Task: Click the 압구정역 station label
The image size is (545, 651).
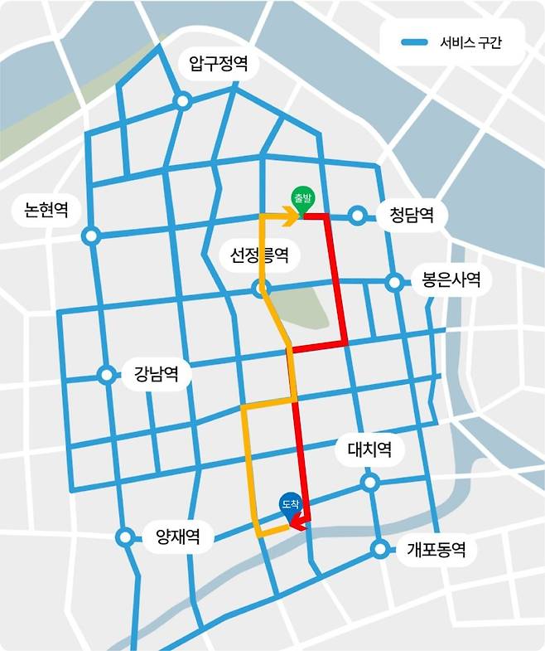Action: [x=218, y=64]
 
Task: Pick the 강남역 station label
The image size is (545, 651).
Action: [x=157, y=374]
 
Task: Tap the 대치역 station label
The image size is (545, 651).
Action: [x=369, y=451]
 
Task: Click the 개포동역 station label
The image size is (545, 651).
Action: [x=436, y=548]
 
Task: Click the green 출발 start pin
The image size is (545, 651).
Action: [x=301, y=200]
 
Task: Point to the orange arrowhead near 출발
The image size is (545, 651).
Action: [x=291, y=218]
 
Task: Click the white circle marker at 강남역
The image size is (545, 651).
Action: [x=107, y=375]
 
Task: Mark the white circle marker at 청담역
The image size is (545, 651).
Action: [x=357, y=216]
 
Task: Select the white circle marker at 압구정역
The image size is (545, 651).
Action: [x=183, y=101]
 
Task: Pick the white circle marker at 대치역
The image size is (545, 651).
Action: [x=369, y=482]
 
